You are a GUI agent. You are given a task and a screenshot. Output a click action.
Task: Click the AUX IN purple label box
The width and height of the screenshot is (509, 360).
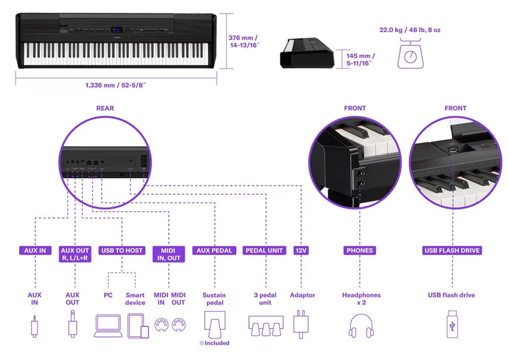[35, 251]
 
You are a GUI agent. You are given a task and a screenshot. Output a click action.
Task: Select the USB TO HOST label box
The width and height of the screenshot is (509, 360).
[122, 251]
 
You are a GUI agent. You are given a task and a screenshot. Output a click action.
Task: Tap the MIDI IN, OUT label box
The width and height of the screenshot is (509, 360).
[169, 254]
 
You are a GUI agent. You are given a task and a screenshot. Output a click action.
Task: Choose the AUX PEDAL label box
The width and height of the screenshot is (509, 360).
[214, 251]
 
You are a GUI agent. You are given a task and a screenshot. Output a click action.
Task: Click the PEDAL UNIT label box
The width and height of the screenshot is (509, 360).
[265, 251]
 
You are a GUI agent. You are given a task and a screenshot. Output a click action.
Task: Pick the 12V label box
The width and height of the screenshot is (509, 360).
[301, 251]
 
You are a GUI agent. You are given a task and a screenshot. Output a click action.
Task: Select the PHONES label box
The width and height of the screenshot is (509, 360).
[360, 251]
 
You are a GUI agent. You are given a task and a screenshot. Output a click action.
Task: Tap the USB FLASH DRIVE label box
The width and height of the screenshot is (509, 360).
[453, 251]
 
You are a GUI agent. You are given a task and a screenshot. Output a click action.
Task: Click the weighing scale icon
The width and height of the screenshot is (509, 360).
[410, 53]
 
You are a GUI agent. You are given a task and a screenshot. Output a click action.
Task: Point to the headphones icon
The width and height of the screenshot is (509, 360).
[362, 325]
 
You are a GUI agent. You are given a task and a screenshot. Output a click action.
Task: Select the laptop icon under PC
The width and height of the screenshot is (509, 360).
[108, 325]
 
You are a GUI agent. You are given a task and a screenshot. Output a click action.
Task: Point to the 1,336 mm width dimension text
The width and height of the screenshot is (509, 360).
[115, 86]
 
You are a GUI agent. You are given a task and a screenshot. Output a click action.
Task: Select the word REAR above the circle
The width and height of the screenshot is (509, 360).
[105, 108]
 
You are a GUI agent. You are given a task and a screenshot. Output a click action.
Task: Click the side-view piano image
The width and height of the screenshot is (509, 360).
[307, 52]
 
